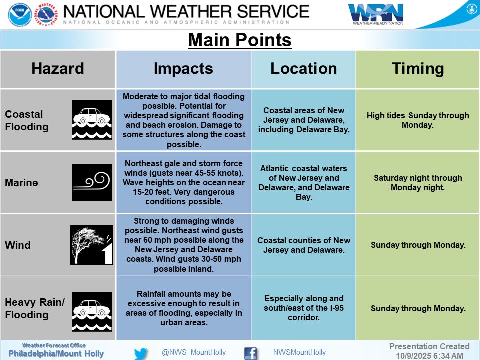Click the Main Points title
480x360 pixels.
[x=240, y=40]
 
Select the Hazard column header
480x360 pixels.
[x=58, y=69]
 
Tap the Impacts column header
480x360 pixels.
[x=183, y=69]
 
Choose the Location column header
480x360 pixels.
[x=304, y=69]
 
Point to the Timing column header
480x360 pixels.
[x=418, y=69]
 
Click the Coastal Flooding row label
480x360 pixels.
[x=27, y=120]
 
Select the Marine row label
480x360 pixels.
[x=21, y=183]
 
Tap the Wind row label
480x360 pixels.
[x=18, y=245]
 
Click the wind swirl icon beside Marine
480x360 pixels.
[x=92, y=182]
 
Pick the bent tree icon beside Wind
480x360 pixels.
[x=92, y=245]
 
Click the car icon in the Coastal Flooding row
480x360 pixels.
[x=92, y=120]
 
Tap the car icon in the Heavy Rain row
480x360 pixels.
[x=92, y=311]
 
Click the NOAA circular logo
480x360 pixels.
[x=20, y=14]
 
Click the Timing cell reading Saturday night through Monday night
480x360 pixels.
[x=418, y=183]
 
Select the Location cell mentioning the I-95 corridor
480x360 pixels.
[x=304, y=308]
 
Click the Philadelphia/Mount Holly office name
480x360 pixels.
[x=56, y=354]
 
